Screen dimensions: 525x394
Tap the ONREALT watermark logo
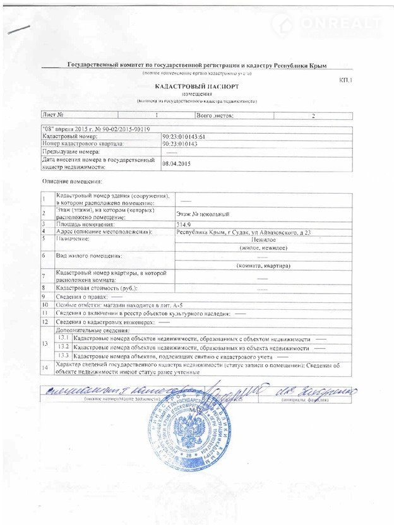[327, 24]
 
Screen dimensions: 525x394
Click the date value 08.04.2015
[176, 163]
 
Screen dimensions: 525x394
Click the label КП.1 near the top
[346, 81]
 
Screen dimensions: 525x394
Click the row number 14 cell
[44, 367]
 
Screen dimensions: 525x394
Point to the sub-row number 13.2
[63, 348]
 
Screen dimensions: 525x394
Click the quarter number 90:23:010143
[180, 144]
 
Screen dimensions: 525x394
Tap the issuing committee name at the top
[201, 66]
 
